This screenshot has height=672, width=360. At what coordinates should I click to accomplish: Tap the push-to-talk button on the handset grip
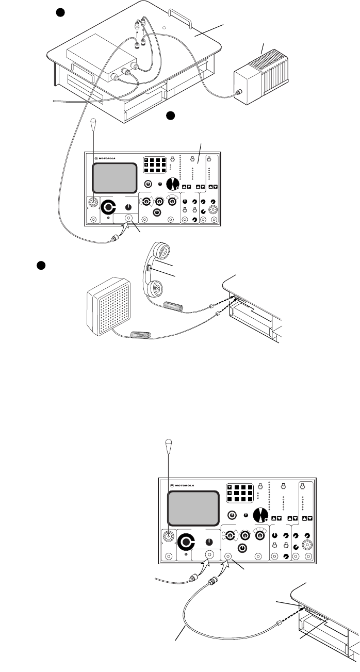[x=149, y=268]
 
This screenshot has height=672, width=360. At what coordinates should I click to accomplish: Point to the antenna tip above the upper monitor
[x=93, y=122]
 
